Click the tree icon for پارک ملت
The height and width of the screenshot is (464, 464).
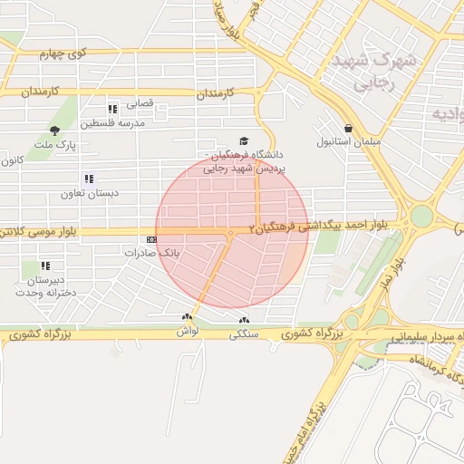pos(55,131)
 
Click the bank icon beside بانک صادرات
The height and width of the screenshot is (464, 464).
pos(150,240)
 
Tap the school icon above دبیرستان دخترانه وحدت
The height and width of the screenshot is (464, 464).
pos(44,266)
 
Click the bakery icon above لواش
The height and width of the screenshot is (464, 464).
pos(188,318)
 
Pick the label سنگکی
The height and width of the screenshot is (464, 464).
pos(244,333)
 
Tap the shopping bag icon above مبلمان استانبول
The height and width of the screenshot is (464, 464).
pos(349,129)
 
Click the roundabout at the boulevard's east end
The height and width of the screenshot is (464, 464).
pos(421,217)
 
